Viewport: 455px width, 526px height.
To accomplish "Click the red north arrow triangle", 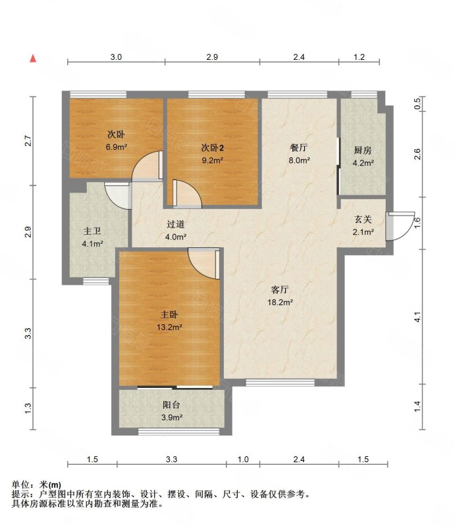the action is coord(33,59).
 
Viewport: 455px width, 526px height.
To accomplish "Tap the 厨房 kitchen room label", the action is coord(363,151).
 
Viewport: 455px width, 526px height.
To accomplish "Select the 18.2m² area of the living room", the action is coord(280,302).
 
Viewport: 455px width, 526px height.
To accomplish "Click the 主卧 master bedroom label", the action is coord(169,314).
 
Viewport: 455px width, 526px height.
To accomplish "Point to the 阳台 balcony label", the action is coord(171,405).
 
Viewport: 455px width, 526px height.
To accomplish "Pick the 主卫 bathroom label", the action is coord(92,231).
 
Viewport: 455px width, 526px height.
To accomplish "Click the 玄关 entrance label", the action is coord(363,220).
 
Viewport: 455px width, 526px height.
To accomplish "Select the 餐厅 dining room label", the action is coord(299,147).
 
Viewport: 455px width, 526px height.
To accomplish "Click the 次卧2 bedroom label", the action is coord(213,147).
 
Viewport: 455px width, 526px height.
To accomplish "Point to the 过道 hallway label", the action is coord(176,224).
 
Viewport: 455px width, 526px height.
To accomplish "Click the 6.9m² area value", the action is coord(117,147).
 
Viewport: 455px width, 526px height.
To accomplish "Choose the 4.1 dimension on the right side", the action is coord(417,317).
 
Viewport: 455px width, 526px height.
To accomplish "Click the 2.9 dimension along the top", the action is coord(212,57).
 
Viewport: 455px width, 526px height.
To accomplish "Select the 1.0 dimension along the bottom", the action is coord(243,459).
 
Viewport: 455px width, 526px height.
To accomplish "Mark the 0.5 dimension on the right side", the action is coord(417,104).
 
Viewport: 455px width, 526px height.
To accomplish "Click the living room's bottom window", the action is coord(281,383).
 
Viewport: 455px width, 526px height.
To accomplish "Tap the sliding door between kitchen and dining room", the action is coord(338,166).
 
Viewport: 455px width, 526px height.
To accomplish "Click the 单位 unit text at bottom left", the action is coord(20,485).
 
